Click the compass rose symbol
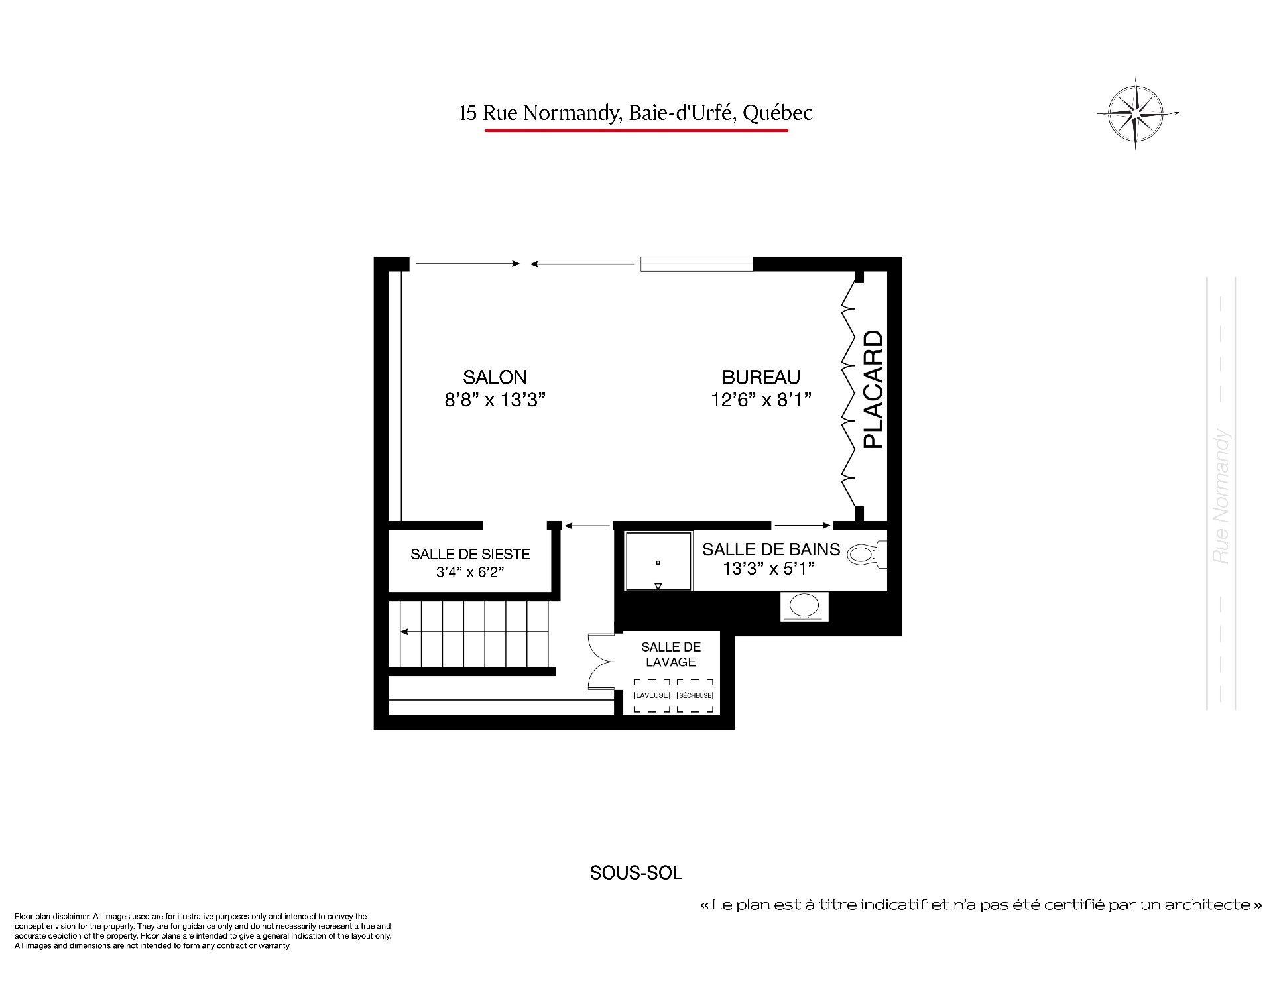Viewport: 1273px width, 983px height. point(1136,113)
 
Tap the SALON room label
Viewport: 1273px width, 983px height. point(495,377)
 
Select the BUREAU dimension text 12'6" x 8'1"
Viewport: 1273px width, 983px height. point(761,400)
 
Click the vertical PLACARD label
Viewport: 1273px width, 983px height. point(873,390)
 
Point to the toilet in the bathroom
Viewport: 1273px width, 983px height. point(867,554)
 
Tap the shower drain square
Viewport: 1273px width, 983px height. point(658,563)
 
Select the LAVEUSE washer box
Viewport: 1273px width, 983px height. point(652,695)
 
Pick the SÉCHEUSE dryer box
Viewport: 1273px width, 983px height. point(696,695)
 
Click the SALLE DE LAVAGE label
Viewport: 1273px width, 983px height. point(671,654)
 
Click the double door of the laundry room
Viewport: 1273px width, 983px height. point(602,662)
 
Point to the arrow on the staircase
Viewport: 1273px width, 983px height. point(475,632)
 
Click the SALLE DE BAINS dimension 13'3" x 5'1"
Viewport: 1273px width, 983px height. point(768,569)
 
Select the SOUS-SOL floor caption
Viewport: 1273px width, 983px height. point(636,873)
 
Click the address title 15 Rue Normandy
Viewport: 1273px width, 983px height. point(636,113)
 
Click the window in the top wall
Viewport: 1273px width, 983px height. point(696,264)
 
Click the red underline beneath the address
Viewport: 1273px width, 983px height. point(636,130)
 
